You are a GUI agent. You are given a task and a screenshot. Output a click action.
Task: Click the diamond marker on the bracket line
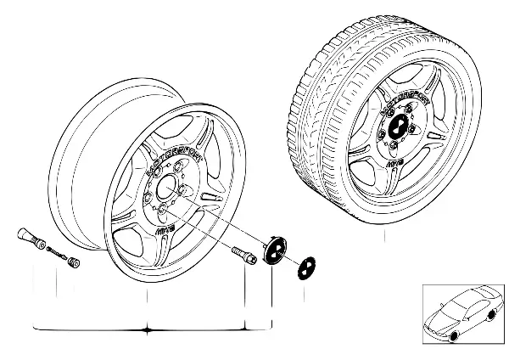(148, 328)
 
